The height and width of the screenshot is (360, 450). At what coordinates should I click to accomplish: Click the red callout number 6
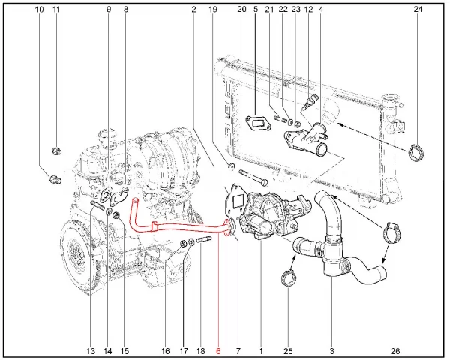[x=218, y=351]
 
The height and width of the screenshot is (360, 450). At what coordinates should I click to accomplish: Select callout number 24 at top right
[x=418, y=9]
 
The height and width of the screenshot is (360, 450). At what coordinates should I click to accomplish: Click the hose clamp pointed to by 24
[x=416, y=152]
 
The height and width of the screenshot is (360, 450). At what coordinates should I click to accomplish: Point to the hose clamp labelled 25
[x=288, y=277]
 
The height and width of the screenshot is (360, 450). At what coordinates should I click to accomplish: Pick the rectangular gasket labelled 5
[x=258, y=124]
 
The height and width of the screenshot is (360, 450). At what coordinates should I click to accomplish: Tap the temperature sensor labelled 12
[x=309, y=102]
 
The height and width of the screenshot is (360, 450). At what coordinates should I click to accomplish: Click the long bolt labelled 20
[x=253, y=177]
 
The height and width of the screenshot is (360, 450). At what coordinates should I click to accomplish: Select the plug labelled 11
[x=57, y=151]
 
